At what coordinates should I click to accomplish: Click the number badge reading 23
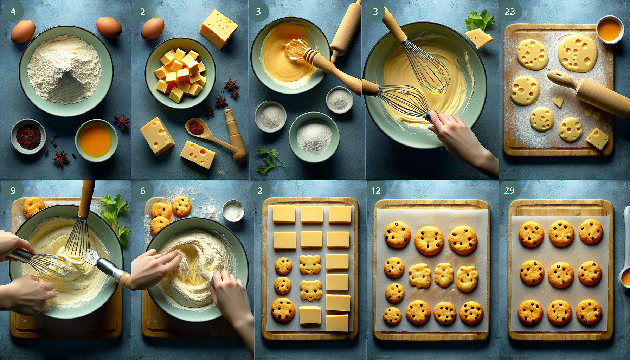point(510,12)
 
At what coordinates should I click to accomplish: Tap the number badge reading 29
point(509,191)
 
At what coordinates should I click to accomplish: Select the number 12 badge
point(376,191)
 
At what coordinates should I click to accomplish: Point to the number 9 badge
point(13,191)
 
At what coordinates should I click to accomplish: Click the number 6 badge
point(143,191)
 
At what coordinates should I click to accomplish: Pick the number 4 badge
point(13,12)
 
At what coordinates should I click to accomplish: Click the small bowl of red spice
point(28,136)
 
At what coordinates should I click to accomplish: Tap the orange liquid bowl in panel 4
point(96,140)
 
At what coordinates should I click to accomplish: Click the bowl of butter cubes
point(180,73)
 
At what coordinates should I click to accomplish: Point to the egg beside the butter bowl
point(153,28)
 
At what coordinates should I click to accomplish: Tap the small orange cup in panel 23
point(610,30)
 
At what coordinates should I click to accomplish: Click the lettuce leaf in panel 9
point(116,218)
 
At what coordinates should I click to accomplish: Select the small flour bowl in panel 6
point(233,211)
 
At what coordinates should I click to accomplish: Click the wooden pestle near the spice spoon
point(236,135)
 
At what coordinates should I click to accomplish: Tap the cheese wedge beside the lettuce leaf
point(479,38)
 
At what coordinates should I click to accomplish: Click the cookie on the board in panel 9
point(34,206)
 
